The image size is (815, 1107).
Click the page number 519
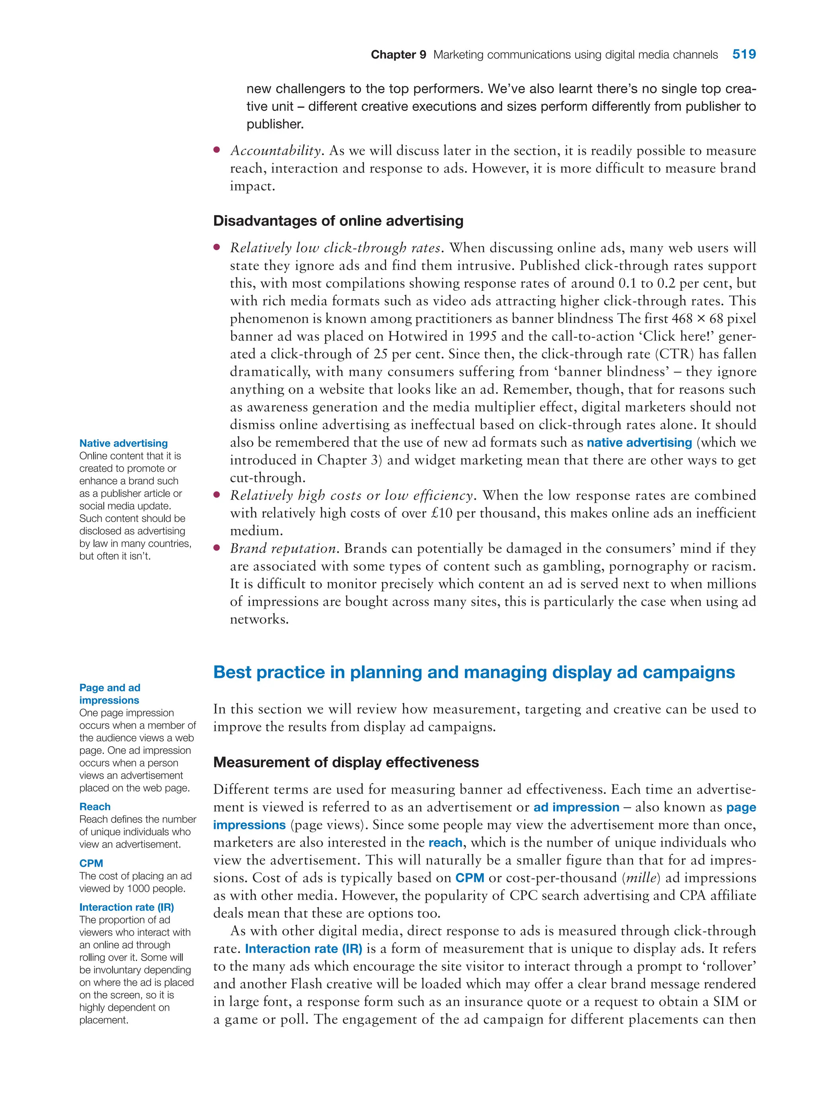743,54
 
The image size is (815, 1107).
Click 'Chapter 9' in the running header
398,55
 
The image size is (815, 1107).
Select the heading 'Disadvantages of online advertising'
338,221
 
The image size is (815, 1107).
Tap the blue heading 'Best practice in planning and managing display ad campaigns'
474,672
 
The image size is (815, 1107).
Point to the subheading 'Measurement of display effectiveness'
345,762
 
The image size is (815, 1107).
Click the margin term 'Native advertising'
123,443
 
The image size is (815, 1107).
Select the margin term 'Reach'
95,807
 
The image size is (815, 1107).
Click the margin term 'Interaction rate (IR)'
126,907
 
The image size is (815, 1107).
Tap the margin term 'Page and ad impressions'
109,694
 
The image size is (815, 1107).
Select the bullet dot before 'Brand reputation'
216,548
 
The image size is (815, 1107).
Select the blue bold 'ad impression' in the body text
576,807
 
